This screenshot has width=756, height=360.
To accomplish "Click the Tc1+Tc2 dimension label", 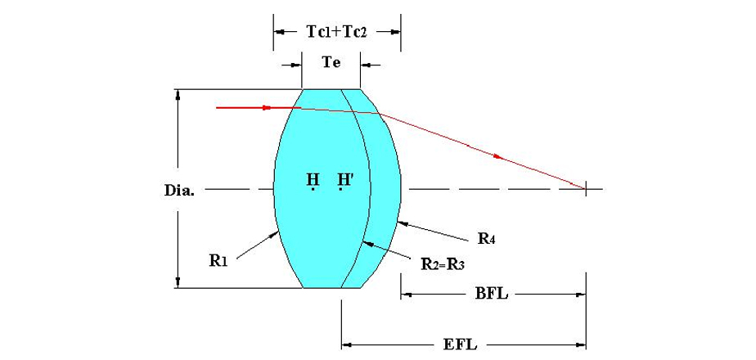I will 336,32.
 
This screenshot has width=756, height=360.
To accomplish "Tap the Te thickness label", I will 331,62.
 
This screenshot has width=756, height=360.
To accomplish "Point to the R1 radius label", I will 218,261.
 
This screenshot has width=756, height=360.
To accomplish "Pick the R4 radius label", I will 488,240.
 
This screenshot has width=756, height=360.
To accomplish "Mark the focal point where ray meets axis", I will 585,190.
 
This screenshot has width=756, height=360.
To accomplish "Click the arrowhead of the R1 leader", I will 279,232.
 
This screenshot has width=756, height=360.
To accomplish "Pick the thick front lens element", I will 319,229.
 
